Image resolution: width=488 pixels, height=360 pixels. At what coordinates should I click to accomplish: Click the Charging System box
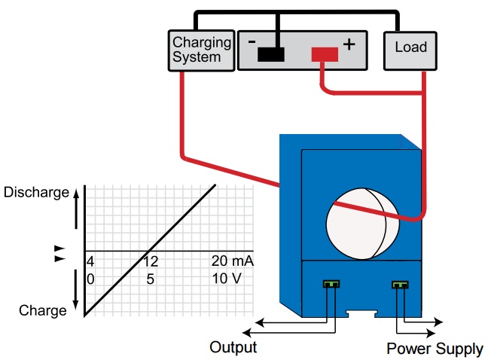(197, 49)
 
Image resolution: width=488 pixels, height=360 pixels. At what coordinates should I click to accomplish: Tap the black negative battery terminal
(270, 54)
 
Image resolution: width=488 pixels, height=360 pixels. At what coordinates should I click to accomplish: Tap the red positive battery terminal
(325, 54)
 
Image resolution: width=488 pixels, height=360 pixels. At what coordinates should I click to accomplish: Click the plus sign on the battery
(349, 44)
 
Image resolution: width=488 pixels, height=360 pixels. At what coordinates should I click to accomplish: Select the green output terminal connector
(331, 285)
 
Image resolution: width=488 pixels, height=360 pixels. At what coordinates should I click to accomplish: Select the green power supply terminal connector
(399, 285)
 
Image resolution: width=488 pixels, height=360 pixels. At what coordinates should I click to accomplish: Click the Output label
(233, 347)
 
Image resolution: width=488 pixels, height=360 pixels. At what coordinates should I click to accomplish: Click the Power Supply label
(435, 349)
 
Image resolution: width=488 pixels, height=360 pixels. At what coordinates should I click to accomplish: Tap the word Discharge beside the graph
(36, 192)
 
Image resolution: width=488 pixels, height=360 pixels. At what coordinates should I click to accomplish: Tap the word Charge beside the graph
(44, 310)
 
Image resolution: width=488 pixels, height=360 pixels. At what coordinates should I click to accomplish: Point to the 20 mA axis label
(232, 261)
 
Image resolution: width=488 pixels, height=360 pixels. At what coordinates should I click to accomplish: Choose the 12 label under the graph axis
(150, 261)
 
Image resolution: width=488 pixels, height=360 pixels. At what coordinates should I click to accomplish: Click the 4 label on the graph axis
(90, 261)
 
